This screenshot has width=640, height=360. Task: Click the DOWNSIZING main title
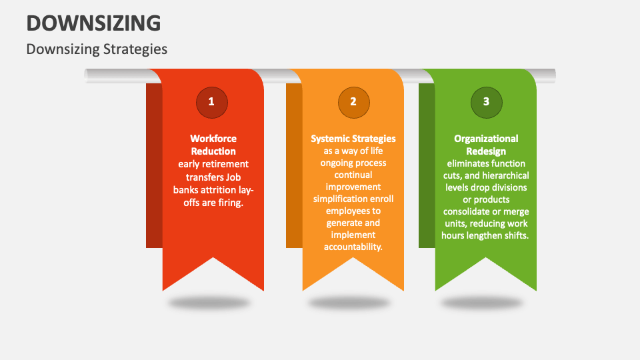coord(93,23)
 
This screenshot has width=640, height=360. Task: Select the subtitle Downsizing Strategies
coord(97,49)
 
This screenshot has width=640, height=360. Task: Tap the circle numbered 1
coord(212,102)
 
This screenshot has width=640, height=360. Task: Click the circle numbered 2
coord(353,102)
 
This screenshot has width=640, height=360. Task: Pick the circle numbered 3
coord(486,102)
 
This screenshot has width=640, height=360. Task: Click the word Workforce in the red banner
coord(213,139)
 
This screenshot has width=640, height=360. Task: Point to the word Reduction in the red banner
coord(213,151)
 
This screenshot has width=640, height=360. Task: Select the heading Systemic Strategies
coord(353,139)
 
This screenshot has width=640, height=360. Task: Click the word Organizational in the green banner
coord(486,139)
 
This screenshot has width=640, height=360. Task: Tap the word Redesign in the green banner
coord(486,151)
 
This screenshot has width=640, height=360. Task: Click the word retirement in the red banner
coord(226,164)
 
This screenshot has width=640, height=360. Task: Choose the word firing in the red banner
coord(230,203)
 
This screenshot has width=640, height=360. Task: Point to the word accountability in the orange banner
coord(353,247)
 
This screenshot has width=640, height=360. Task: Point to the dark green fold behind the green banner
coord(426,167)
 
